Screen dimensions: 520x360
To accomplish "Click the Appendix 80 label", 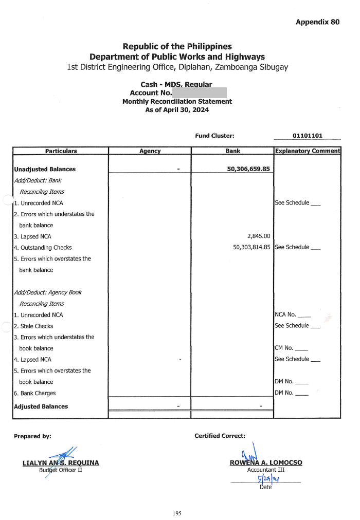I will pyautogui.click(x=317, y=22).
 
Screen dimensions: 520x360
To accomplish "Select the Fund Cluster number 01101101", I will pyautogui.click(x=307, y=136).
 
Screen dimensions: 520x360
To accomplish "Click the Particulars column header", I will pyautogui.click(x=61, y=151).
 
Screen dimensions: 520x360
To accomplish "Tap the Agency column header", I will pyautogui.click(x=150, y=151).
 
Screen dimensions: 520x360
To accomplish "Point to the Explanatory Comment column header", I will pyautogui.click(x=308, y=151).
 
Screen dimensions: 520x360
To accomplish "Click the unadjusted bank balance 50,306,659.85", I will pyautogui.click(x=248, y=169).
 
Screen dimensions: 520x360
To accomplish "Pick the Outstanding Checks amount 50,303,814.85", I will pyautogui.click(x=251, y=247).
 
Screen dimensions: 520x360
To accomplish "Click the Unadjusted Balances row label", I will pyautogui.click(x=45, y=169).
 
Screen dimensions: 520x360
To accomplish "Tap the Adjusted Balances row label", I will pyautogui.click(x=41, y=406).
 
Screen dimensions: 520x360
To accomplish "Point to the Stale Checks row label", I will pyautogui.click(x=33, y=326).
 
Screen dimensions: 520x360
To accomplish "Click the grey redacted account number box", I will pyautogui.click(x=199, y=93).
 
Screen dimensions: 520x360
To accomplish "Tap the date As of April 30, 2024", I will pyautogui.click(x=177, y=110).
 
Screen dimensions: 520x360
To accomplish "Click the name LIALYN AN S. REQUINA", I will pyautogui.click(x=61, y=463).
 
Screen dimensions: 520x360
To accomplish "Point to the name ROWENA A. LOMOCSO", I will pyautogui.click(x=266, y=462).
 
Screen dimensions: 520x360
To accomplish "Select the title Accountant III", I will pyautogui.click(x=266, y=470).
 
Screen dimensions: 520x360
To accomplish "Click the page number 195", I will pyautogui.click(x=177, y=513).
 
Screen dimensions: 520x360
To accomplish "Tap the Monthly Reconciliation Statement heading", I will pyautogui.click(x=177, y=102).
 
